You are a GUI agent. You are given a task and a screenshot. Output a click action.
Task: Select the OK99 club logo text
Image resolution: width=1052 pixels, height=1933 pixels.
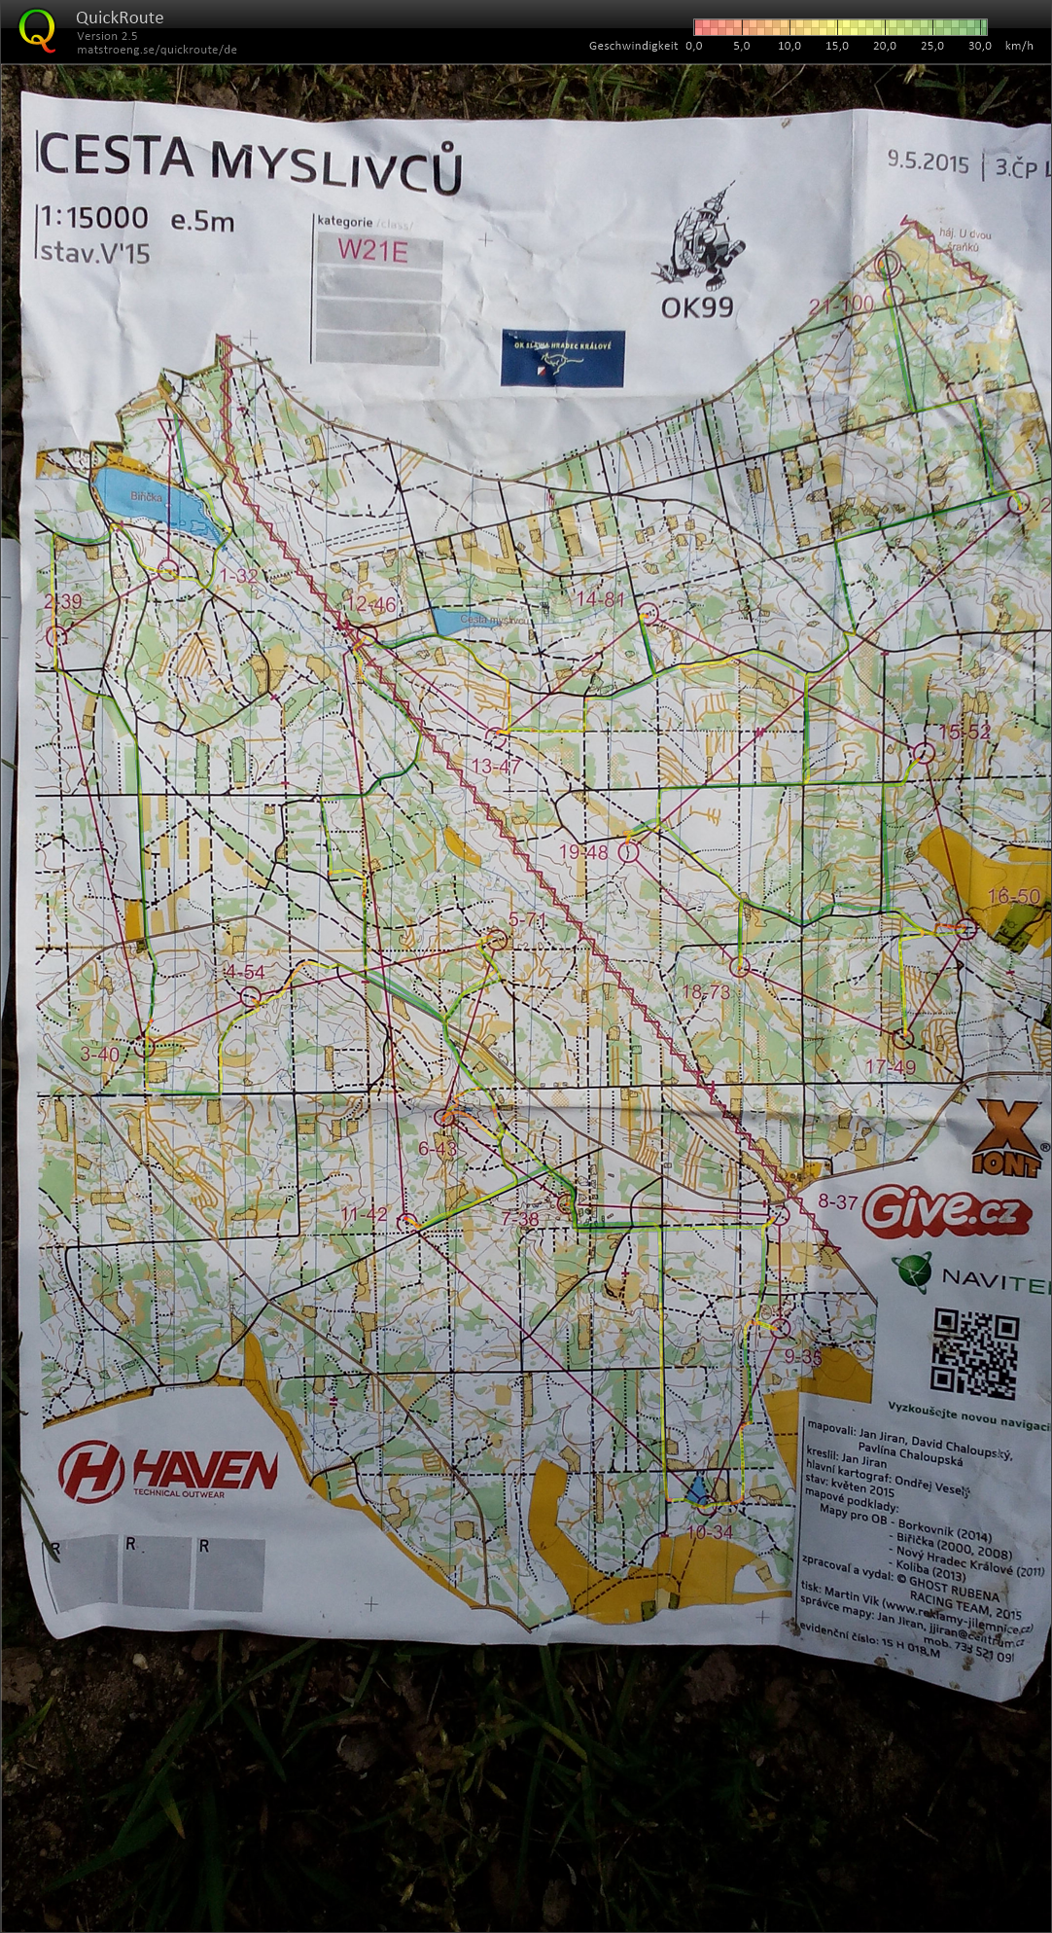point(696,308)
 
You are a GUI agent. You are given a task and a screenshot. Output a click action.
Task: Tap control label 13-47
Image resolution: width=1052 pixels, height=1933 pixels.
point(496,767)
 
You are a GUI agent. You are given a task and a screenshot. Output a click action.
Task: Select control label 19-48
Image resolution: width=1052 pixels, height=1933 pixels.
point(582,852)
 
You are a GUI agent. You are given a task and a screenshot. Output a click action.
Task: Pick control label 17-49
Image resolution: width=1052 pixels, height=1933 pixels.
point(890,1067)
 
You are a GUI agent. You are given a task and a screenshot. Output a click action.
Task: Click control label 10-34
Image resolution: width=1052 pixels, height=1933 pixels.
point(709,1532)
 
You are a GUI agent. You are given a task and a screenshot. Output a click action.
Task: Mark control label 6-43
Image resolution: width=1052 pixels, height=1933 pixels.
point(437,1148)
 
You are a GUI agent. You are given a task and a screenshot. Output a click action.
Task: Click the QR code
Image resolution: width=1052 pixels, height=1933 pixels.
point(974,1353)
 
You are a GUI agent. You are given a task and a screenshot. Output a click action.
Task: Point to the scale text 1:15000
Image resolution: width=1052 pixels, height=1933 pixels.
point(94,218)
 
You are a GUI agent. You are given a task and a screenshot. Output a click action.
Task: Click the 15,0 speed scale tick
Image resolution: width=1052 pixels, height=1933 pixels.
point(836,46)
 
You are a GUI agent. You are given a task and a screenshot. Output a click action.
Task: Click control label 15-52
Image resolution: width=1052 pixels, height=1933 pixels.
point(964,733)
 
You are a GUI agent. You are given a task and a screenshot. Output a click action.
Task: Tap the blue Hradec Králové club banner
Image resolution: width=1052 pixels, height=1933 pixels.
point(563,358)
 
